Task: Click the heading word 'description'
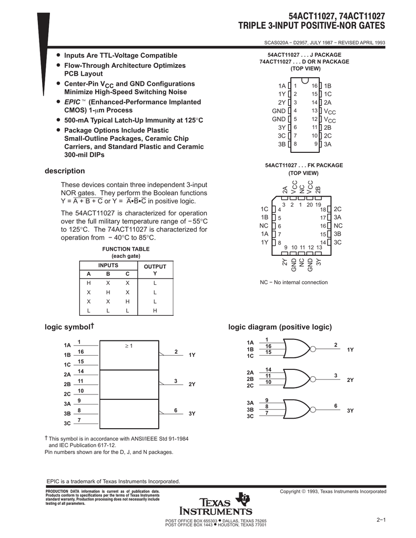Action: point(65,171)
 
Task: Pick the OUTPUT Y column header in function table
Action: point(155,270)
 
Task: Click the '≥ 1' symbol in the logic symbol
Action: point(128,346)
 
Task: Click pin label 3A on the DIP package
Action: point(328,143)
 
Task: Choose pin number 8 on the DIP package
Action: point(296,143)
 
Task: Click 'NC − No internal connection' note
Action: point(293,282)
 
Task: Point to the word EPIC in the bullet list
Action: point(71,101)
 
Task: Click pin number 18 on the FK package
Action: point(323,209)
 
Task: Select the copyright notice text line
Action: point(333,491)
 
